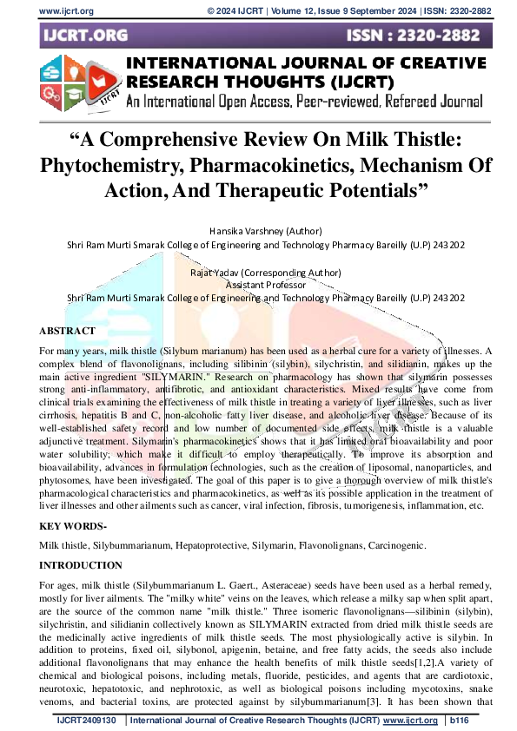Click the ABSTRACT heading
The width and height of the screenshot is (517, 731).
pos(67,332)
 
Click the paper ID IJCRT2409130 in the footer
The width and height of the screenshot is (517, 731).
pos(86,721)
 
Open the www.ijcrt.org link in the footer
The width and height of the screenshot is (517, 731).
pos(409,721)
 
